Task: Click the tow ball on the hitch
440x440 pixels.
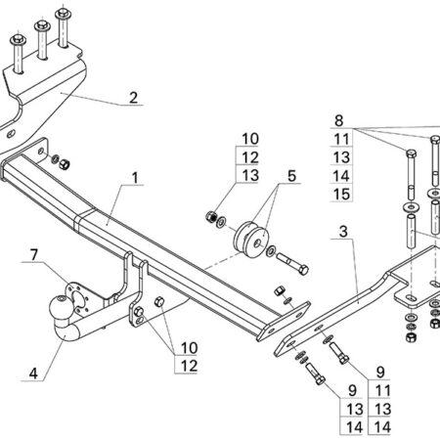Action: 61,308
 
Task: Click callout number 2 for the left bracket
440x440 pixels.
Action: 133,98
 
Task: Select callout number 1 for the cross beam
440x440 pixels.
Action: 135,178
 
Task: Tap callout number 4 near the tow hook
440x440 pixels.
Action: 33,374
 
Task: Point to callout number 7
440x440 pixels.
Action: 34,255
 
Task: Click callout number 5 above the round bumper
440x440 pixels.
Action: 291,176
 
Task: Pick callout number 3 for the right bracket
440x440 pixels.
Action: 343,232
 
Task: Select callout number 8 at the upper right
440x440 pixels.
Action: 339,120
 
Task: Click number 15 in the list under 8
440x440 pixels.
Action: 341,195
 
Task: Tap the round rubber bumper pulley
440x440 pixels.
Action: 251,241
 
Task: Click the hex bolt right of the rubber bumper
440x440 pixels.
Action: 293,265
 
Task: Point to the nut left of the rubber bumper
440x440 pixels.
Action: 211,216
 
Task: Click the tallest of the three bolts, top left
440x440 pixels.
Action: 64,27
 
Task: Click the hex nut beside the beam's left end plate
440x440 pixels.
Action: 65,163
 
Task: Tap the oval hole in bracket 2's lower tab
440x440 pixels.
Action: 12,134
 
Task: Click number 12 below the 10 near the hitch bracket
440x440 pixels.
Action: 189,366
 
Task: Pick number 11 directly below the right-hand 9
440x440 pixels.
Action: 382,390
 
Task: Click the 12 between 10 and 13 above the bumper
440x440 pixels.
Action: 250,157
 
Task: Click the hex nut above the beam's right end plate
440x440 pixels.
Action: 280,290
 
